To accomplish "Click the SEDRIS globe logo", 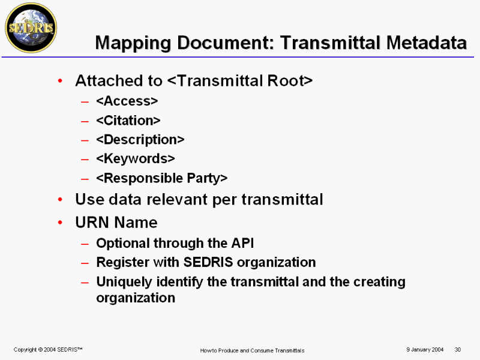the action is (x=31, y=28).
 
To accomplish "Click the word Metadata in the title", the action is (x=426, y=43).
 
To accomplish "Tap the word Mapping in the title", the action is (x=133, y=43).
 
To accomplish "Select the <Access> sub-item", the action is (x=127, y=101).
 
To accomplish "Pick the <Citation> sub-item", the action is (x=128, y=121).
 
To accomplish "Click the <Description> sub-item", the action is (x=140, y=140).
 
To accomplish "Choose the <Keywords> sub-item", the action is (x=136, y=158).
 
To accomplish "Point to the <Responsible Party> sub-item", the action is (x=161, y=178).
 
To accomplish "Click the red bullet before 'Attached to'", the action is (x=60, y=81).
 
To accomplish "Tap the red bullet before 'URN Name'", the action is (x=60, y=223).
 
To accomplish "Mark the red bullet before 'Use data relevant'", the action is (x=60, y=200).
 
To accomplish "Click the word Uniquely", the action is (x=124, y=282).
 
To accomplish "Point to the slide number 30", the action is (x=458, y=350).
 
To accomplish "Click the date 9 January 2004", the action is (x=425, y=350).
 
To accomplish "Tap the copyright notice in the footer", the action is (x=48, y=350).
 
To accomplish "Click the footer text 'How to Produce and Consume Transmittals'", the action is (x=252, y=350).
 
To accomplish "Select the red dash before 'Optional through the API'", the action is (x=85, y=244).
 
